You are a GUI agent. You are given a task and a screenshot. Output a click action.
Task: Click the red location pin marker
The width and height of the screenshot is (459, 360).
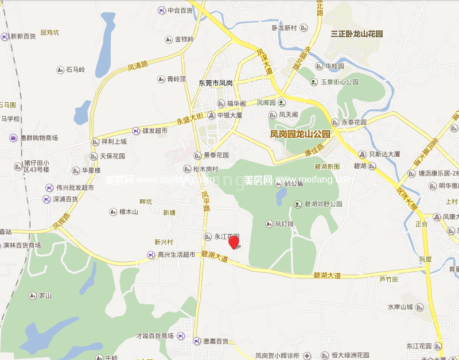[x=234, y=242]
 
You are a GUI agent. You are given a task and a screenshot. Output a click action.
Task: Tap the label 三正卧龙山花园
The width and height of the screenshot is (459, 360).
[x=356, y=34]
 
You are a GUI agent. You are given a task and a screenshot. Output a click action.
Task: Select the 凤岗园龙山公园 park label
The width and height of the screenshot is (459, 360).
[x=300, y=134]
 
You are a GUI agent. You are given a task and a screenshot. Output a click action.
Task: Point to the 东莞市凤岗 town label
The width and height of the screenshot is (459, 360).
[x=215, y=83]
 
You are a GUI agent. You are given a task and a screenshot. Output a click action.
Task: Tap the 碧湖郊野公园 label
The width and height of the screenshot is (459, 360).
[x=323, y=204]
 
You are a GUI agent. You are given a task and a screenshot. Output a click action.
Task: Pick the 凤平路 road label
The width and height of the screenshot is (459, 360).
[x=205, y=201]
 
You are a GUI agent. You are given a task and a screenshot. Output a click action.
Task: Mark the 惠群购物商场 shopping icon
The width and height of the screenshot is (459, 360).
[x=13, y=138]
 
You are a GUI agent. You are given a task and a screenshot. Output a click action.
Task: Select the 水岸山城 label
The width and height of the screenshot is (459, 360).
[x=400, y=307]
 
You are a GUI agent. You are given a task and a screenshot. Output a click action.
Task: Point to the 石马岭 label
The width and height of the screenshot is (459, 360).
[x=75, y=70]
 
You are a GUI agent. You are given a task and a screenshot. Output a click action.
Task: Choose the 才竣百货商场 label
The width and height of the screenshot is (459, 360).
[x=154, y=336]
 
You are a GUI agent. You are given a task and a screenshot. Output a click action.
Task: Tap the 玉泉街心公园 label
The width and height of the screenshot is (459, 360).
[x=339, y=82]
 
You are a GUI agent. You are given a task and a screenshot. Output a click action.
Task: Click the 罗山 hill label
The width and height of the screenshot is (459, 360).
[x=45, y=296]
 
